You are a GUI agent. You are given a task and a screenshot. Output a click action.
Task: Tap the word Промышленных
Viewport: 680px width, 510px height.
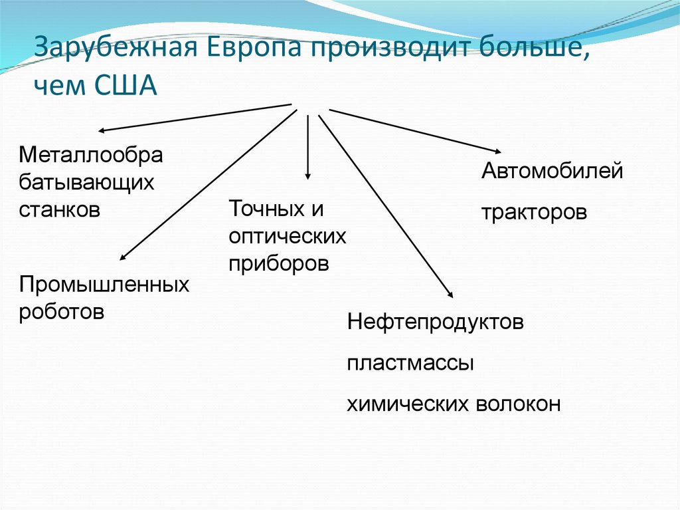point(104,285)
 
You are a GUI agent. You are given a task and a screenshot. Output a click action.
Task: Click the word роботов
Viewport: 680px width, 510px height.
point(62,311)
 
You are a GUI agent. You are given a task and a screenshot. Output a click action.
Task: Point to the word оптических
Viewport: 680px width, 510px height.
point(288,237)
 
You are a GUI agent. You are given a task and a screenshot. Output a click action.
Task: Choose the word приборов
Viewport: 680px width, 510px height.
point(279,263)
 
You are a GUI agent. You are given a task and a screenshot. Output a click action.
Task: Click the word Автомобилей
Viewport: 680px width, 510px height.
point(552,171)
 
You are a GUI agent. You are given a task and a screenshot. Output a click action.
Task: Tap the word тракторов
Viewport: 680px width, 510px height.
point(535,213)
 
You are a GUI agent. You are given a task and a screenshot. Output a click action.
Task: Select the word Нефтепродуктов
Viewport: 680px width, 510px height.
point(436,323)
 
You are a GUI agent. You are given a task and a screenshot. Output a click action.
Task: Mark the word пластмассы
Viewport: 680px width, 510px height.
point(410,364)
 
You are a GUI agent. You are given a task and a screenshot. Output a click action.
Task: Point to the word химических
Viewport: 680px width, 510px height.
point(408,404)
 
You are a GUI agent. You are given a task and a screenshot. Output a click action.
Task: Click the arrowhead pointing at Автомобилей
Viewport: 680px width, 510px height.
point(497,150)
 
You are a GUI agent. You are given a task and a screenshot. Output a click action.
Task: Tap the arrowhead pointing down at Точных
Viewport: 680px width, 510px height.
point(307,176)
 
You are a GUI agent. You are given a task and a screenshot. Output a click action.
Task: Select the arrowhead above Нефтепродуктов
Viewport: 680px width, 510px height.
point(451,295)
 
